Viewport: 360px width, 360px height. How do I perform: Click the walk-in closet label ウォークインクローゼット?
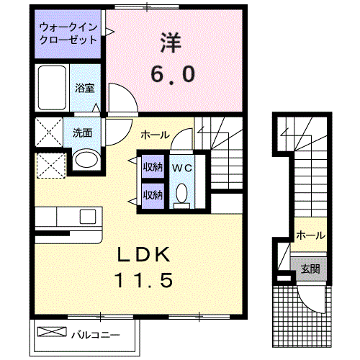click(x=68, y=33)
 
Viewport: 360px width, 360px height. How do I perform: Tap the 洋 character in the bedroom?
click(x=171, y=42)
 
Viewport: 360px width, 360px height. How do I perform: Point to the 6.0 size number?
click(x=173, y=74)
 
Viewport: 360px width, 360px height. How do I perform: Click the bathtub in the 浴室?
click(x=52, y=88)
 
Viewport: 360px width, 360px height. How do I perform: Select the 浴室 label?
click(x=85, y=88)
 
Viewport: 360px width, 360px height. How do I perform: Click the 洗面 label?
click(x=82, y=132)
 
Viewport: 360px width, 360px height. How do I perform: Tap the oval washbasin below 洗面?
click(x=86, y=160)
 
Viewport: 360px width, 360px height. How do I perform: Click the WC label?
click(x=182, y=168)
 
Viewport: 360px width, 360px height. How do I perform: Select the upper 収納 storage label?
click(x=153, y=166)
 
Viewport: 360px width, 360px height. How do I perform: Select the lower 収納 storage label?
click(x=153, y=195)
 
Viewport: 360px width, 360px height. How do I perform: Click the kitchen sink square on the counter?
click(x=88, y=217)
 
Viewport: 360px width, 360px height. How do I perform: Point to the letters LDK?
click(x=144, y=254)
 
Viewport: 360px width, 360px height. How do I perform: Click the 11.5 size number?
click(x=144, y=280)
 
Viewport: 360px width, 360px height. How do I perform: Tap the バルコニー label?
click(x=95, y=335)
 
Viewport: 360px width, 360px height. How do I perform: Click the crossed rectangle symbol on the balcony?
click(x=52, y=331)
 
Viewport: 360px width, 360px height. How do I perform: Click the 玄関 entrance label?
click(x=310, y=269)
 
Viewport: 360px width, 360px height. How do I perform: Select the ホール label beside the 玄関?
click(x=311, y=235)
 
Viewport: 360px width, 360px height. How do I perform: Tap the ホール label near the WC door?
click(x=156, y=135)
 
